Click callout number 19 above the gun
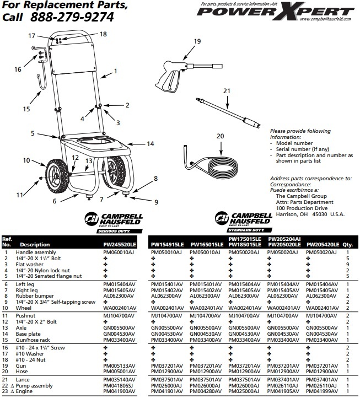[x=197, y=41]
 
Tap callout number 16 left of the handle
[x=18, y=69]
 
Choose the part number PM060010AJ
[x=119, y=251]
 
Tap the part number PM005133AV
[x=119, y=365]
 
